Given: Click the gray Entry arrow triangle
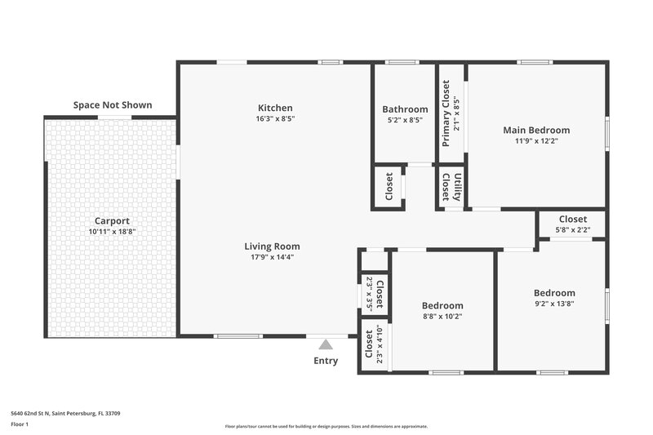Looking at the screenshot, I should click(326, 344).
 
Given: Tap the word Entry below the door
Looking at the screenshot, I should click(326, 361).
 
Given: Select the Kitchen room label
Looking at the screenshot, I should click(275, 108).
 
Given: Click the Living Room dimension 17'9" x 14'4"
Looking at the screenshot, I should click(273, 257).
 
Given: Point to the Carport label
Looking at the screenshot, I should click(112, 221).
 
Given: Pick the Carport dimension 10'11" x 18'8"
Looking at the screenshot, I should click(112, 232).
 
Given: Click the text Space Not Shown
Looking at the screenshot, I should click(113, 105).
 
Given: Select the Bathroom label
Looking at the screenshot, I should click(405, 109).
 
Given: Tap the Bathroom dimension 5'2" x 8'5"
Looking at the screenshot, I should click(405, 120).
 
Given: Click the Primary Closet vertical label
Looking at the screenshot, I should click(446, 113).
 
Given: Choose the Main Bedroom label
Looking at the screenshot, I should click(536, 130).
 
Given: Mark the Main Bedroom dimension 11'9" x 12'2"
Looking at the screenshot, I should click(536, 140).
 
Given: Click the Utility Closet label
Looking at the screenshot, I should click(452, 187).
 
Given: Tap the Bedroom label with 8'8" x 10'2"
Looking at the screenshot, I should click(442, 305).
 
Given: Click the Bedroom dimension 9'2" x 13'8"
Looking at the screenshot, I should click(554, 304).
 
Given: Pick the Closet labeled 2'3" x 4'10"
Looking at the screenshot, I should click(374, 344).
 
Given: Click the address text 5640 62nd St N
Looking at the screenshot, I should click(65, 414).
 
